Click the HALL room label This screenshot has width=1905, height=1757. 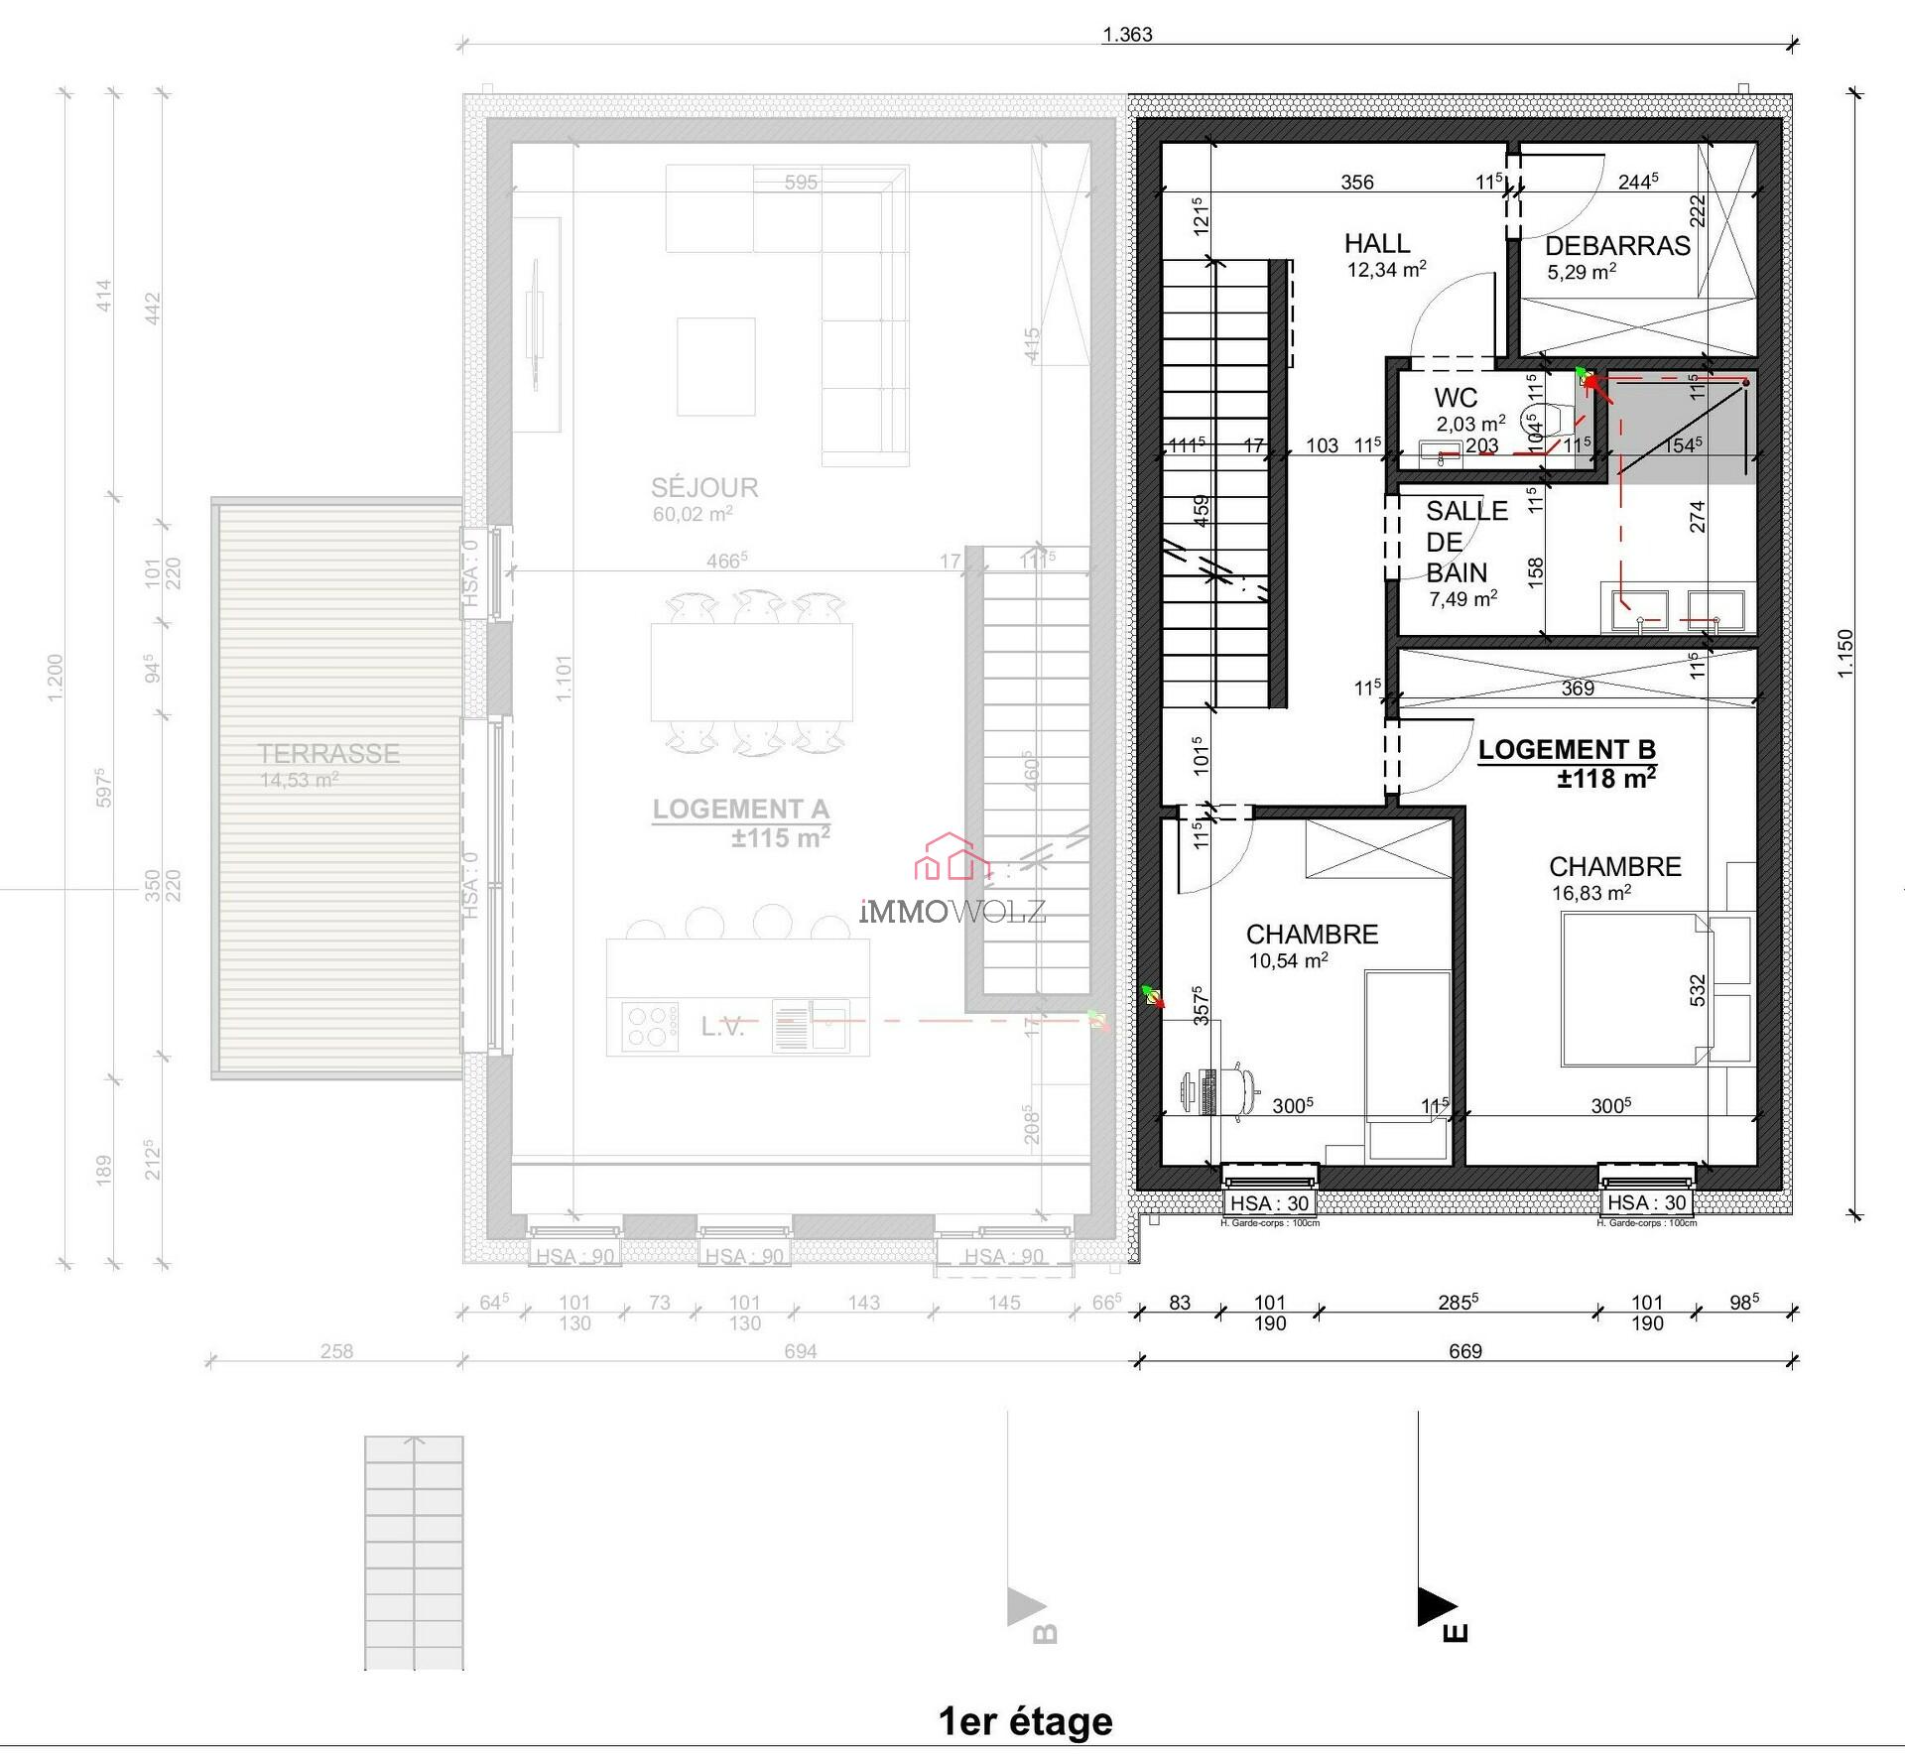1376,243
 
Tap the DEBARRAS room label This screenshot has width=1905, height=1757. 1617,246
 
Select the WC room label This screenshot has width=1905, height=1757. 1456,398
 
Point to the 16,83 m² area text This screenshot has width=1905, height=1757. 1591,893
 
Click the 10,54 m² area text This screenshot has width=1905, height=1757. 1288,960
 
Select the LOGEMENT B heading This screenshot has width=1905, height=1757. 1567,750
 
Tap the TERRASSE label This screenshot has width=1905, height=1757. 328,754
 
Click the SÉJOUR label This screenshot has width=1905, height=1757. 704,488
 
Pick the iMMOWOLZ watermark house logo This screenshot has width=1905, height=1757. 951,859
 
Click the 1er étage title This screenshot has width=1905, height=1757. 1025,1721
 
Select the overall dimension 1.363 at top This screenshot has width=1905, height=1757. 1127,35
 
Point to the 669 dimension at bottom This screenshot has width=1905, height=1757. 1464,1351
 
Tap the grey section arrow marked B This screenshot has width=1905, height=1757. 1025,1607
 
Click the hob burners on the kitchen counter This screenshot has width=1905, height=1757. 650,1027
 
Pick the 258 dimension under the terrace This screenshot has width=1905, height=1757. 336,1351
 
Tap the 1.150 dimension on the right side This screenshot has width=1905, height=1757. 1845,654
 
